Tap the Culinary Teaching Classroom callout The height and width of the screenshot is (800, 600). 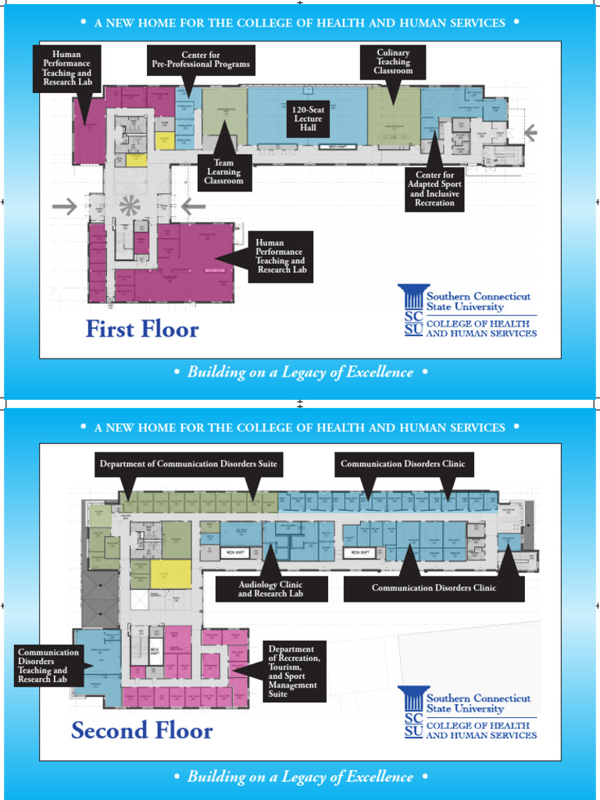point(393,62)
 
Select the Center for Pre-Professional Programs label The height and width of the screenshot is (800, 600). point(201,59)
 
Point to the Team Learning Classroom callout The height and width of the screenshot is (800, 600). point(223,172)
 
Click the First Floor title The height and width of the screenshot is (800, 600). point(142,330)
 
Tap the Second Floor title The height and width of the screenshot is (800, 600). point(141,730)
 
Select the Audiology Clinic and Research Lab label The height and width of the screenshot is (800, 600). point(270,589)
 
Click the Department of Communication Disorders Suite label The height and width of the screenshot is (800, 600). point(188,464)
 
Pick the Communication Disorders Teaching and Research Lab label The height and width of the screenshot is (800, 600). point(48,666)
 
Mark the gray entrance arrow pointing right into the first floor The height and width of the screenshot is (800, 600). point(65,206)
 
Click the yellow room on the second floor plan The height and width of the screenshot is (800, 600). point(170,574)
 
